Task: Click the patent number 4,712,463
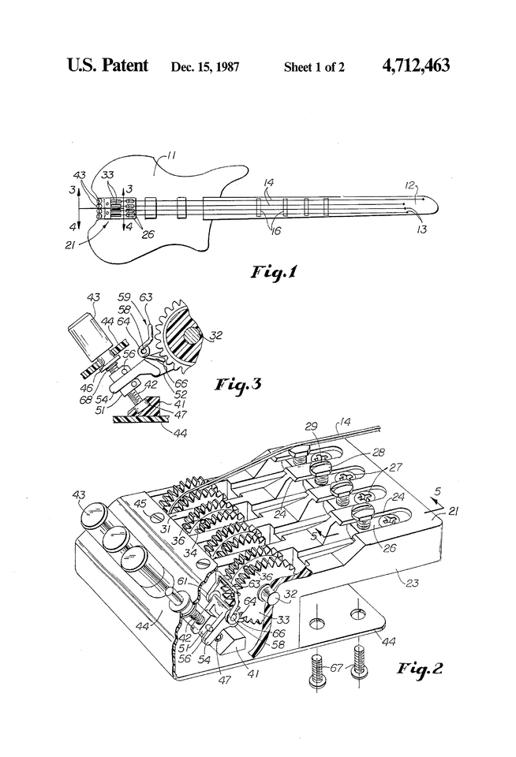pos(415,65)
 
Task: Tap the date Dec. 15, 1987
pos(204,67)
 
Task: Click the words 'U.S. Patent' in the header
pos(107,65)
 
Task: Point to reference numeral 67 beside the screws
pos(336,669)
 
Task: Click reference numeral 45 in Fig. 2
pos(140,503)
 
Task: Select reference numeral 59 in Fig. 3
pos(124,297)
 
